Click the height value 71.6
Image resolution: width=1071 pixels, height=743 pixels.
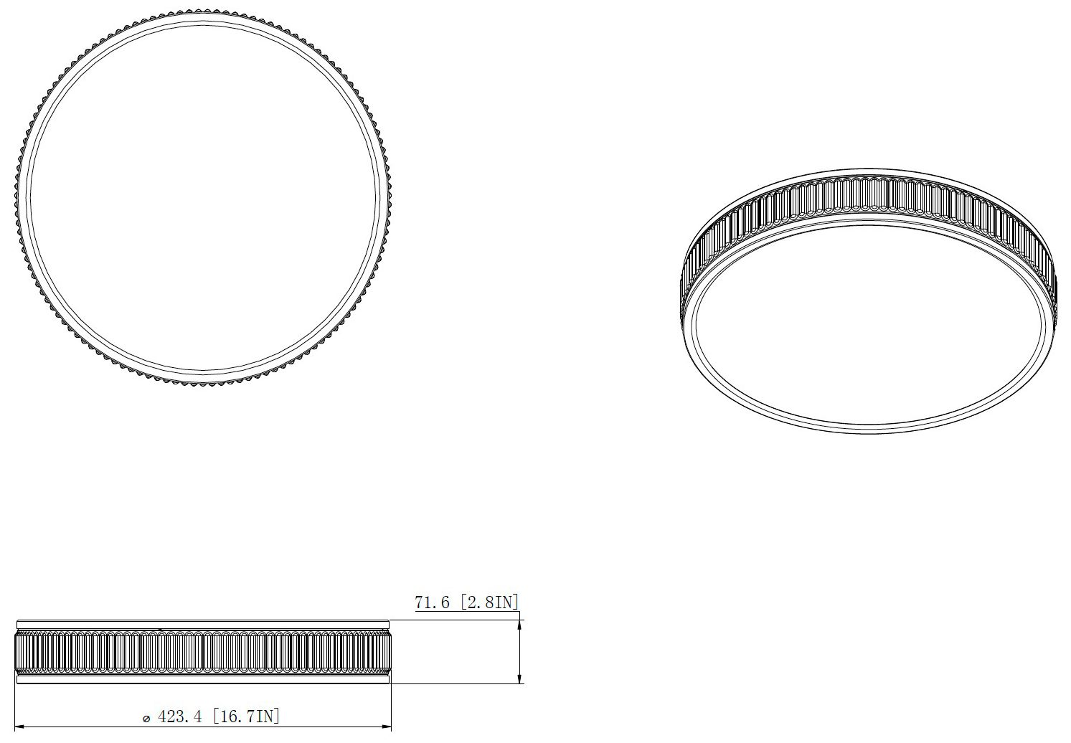[432, 602]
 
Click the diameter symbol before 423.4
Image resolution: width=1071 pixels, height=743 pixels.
[146, 719]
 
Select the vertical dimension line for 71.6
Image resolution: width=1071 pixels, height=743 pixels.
[519, 651]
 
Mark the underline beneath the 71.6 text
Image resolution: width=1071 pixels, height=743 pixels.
[466, 611]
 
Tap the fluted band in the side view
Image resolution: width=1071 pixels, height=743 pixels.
[202, 653]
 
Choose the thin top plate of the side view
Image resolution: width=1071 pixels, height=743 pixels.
[202, 623]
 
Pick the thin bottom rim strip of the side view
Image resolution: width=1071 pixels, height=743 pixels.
[202, 680]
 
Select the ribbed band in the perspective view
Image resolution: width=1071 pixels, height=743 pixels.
[868, 194]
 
